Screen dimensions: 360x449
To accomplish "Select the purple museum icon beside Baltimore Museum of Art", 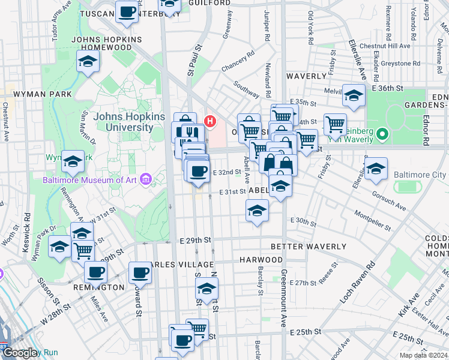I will [x=145, y=179].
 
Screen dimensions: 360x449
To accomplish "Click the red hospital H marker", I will [x=209, y=121].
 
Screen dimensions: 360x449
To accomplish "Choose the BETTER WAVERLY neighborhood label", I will [x=308, y=247].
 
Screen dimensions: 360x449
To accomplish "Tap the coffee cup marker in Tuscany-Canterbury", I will [x=127, y=13].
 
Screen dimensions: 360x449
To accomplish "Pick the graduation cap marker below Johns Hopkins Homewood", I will [x=88, y=62].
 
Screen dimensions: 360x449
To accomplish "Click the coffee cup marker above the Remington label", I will [x=95, y=272].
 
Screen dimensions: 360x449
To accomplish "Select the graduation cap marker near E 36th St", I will [x=354, y=95].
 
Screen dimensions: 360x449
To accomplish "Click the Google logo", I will [x=20, y=353].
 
